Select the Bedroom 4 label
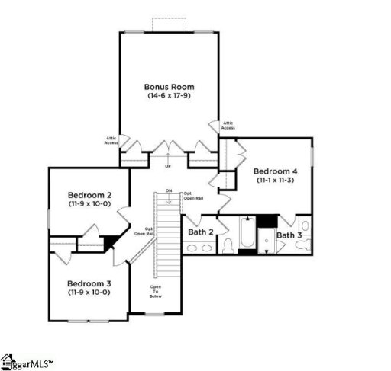click(x=275, y=171)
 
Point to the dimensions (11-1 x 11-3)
click(x=275, y=181)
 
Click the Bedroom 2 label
click(x=89, y=195)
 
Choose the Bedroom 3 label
click(x=89, y=283)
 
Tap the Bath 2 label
click(x=200, y=231)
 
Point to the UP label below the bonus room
click(x=168, y=165)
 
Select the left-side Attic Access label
click(x=111, y=140)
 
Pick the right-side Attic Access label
click(x=228, y=126)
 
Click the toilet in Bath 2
click(x=228, y=245)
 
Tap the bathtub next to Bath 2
click(x=247, y=235)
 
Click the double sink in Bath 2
click(x=200, y=248)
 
